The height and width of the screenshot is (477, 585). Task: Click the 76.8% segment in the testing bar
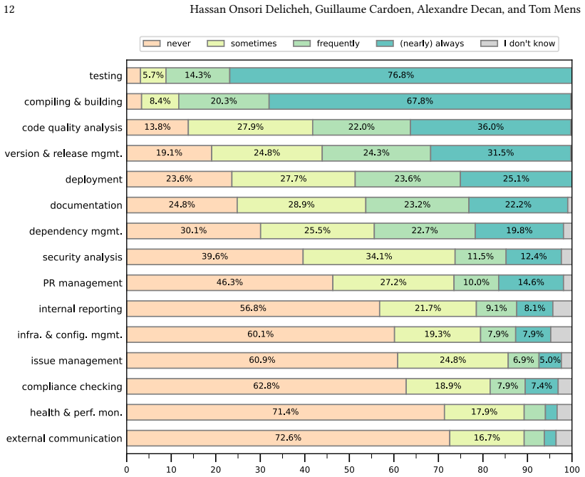tap(400, 76)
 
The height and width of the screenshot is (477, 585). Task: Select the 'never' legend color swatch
tap(152, 43)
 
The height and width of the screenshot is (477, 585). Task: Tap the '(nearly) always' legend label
tap(432, 43)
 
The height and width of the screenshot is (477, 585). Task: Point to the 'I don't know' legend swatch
tap(489, 43)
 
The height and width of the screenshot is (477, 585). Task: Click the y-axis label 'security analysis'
tap(82, 257)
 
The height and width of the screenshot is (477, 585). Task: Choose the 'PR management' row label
tap(83, 283)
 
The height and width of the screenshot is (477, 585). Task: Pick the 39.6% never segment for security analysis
tap(215, 257)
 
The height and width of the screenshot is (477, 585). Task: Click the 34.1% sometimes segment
tap(379, 257)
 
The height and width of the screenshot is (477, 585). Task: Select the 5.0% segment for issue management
tap(550, 361)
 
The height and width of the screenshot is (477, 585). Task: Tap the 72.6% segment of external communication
tap(289, 438)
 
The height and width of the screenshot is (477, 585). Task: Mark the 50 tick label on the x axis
tap(349, 470)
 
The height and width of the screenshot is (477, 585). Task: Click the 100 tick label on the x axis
tap(571, 470)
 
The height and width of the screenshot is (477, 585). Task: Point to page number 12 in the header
tap(9, 9)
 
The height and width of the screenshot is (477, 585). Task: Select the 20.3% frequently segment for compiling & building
tap(224, 101)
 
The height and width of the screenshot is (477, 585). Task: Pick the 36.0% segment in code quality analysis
tap(491, 128)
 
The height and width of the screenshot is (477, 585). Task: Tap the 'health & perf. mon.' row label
tap(76, 412)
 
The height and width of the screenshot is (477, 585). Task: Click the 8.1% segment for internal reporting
tap(534, 309)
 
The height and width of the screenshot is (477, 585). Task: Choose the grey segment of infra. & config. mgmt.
tap(561, 334)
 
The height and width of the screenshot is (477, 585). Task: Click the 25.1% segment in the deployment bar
tap(516, 179)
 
